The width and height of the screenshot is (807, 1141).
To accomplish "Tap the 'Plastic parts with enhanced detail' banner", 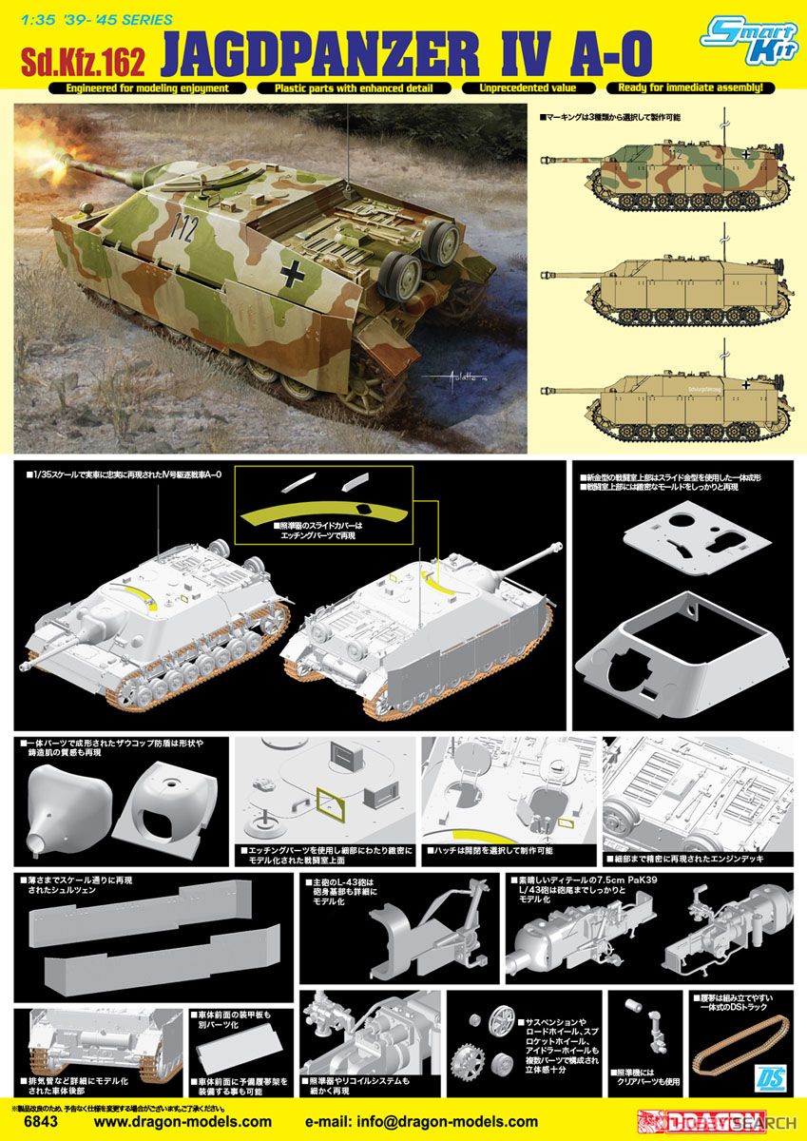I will point(353,88).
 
